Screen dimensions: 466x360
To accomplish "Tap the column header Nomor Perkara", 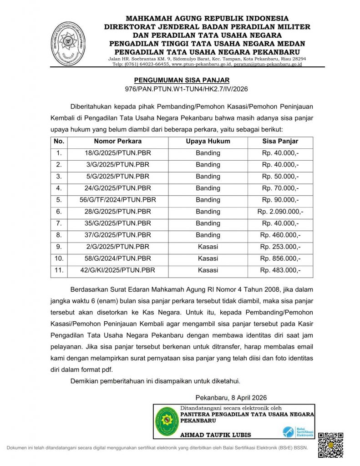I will click(118, 141).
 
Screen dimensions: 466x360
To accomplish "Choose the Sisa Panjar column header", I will click(280, 141).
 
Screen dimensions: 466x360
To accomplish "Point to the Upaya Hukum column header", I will click(208, 141).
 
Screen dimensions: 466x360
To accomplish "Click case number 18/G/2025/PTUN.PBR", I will click(118, 153).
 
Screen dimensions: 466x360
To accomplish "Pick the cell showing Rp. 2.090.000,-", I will click(280, 212).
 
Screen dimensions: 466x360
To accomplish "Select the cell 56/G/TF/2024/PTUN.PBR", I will click(118, 200).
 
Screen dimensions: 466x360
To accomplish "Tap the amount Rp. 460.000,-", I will click(280, 235).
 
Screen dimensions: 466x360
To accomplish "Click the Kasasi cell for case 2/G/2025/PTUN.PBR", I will click(208, 247).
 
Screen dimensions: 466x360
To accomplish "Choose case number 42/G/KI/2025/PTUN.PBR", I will click(118, 270).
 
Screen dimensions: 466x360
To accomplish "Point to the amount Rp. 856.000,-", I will click(280, 258).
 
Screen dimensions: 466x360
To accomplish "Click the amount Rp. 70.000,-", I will click(280, 188).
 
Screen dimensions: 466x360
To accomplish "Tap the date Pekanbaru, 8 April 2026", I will click(231, 397).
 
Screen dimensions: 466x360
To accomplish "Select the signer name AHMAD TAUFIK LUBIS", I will click(216, 435).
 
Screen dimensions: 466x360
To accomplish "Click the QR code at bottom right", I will click(330, 445).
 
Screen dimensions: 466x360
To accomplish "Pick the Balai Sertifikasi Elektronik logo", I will click(298, 431).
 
